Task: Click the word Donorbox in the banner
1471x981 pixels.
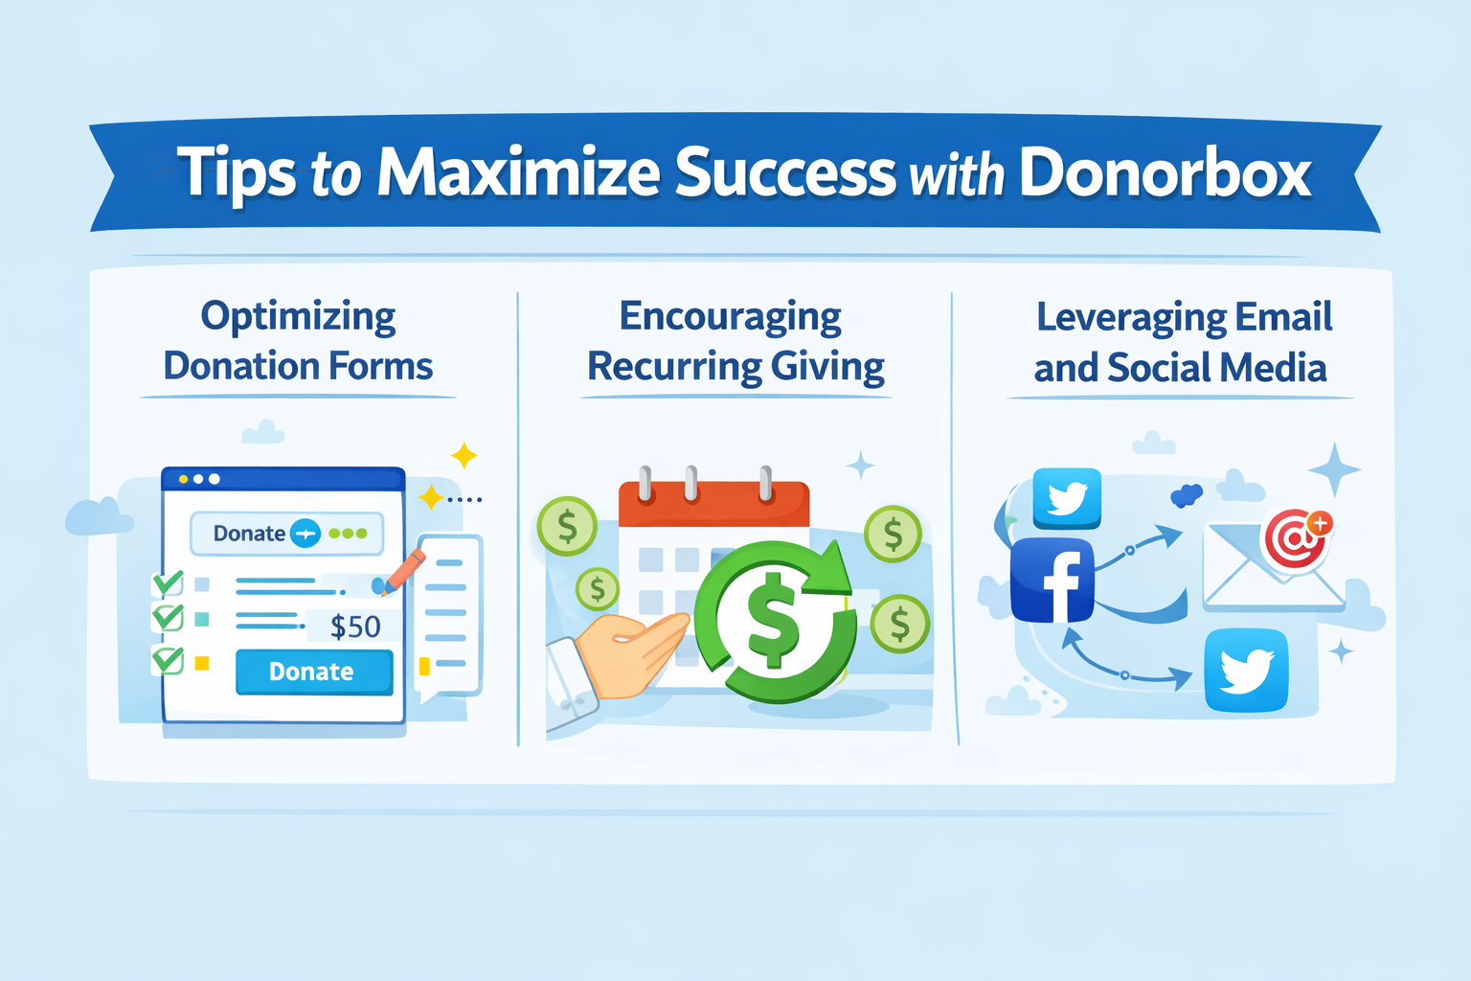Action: coord(1165,173)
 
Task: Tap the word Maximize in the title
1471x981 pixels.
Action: coord(518,173)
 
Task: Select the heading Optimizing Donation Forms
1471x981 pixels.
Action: coord(298,341)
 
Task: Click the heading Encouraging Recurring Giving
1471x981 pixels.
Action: coord(735,341)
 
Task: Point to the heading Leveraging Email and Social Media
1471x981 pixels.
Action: coord(1182,342)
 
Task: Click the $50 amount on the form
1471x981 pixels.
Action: coord(355,627)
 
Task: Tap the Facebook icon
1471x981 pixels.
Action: coord(1052,581)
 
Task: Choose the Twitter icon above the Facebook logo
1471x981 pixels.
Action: coord(1067,498)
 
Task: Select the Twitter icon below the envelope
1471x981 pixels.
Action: coord(1246,671)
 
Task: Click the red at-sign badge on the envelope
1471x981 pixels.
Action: coord(1297,538)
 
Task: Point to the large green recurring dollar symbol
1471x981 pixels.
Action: coord(774,621)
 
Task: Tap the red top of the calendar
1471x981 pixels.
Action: coord(713,504)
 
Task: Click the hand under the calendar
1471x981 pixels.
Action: coord(632,651)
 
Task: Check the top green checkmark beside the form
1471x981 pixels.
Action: coord(168,582)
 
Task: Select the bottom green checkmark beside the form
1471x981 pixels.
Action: coord(168,660)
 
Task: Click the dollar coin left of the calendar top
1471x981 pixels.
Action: coord(567,526)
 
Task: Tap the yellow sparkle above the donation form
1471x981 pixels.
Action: coord(464,455)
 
